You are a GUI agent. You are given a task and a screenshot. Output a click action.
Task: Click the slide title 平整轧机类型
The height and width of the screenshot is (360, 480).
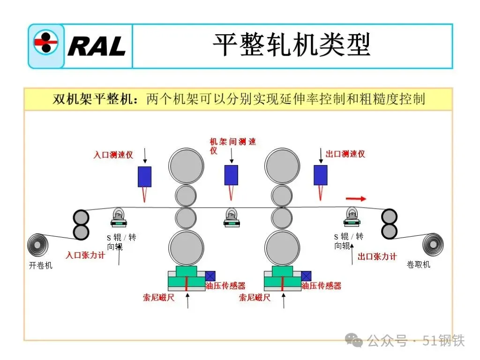(292, 45)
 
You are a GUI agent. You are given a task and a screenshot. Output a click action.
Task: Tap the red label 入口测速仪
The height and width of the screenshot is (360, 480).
(113, 155)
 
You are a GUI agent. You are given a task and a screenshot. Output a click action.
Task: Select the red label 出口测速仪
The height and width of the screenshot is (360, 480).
(345, 154)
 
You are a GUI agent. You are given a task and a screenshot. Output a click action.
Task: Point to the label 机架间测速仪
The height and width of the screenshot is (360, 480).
(232, 146)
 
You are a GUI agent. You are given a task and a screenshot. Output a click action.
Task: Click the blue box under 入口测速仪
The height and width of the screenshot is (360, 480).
(144, 176)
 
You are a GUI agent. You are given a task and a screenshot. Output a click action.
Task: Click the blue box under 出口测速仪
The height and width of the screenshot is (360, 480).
(321, 175)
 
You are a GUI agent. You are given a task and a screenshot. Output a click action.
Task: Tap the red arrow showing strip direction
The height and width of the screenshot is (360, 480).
(356, 199)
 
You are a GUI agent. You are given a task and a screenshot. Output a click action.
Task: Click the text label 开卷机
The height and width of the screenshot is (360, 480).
(41, 265)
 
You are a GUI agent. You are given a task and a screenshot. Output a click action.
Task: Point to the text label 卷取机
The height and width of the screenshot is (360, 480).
(418, 265)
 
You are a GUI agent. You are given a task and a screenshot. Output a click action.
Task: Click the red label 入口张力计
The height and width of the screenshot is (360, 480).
(85, 255)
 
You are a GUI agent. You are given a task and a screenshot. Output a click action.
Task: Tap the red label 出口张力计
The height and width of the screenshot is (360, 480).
(377, 256)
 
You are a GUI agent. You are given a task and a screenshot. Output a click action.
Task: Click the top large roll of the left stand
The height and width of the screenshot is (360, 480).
(187, 166)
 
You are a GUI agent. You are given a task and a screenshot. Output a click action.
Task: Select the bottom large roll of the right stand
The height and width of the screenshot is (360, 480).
(282, 247)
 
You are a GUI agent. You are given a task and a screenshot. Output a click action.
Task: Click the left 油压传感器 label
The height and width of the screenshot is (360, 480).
(225, 285)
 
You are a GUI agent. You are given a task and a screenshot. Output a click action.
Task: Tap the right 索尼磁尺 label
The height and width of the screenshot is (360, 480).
(255, 297)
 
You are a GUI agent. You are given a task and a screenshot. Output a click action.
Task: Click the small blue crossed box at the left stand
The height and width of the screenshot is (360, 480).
(210, 276)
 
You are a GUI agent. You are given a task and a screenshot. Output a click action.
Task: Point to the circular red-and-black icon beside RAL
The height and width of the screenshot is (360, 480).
(46, 46)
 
